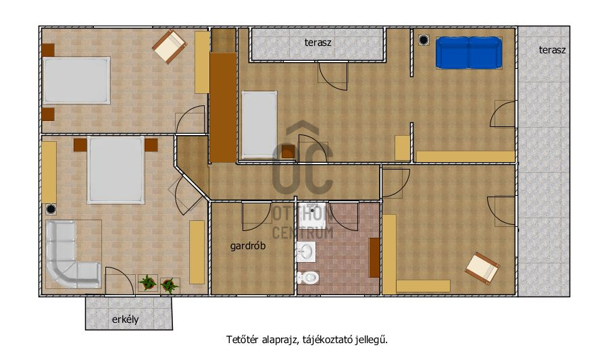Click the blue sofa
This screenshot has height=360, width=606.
(469, 53)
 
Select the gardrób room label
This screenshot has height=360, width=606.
(248, 246)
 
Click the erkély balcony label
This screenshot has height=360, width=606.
(125, 319)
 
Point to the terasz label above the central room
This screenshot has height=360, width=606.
(318, 43)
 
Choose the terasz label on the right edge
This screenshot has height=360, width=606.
(552, 50)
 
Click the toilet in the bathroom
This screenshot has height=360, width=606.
(307, 277)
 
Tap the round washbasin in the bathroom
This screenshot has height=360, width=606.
(306, 252)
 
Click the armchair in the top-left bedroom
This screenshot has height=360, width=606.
(170, 47)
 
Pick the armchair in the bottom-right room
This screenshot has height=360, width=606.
(482, 268)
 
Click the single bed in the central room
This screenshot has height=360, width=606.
(259, 125)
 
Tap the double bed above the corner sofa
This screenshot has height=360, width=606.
(116, 170)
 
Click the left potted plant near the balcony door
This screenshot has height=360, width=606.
(148, 282)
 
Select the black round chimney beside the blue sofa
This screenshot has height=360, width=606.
(424, 40)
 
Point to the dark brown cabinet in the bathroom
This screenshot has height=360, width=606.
(374, 257)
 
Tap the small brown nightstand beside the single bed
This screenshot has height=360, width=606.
(288, 151)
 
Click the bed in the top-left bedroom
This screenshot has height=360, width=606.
(76, 80)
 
